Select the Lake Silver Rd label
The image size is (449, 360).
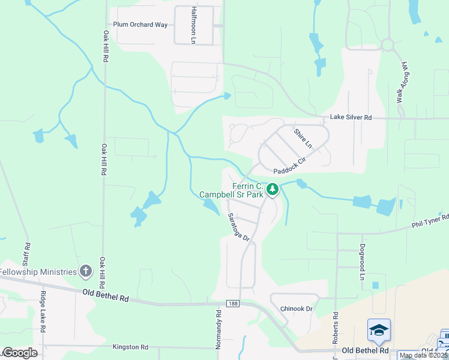(x=351, y=118)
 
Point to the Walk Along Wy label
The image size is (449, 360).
(x=400, y=81)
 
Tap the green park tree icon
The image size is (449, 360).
(x=273, y=189)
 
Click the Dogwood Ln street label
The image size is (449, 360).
(x=363, y=262)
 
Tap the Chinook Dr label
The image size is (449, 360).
(x=297, y=308)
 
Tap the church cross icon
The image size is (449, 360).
(x=86, y=271)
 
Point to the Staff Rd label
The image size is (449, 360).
(x=27, y=254)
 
